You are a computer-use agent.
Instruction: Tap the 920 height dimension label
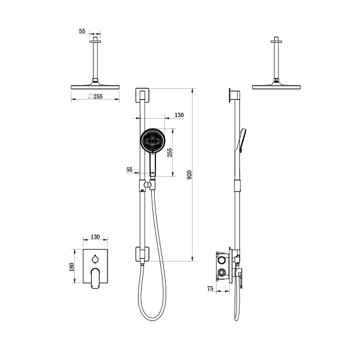190,175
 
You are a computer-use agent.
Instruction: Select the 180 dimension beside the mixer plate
71,267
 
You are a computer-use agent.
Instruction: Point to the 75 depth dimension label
210,288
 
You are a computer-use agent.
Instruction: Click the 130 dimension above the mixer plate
95,236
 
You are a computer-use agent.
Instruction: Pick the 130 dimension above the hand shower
179,115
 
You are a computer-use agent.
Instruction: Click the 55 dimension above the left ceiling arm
82,31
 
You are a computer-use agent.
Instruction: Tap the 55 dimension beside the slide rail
129,169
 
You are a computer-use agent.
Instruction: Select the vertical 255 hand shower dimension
170,152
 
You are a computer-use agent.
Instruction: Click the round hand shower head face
152,140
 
